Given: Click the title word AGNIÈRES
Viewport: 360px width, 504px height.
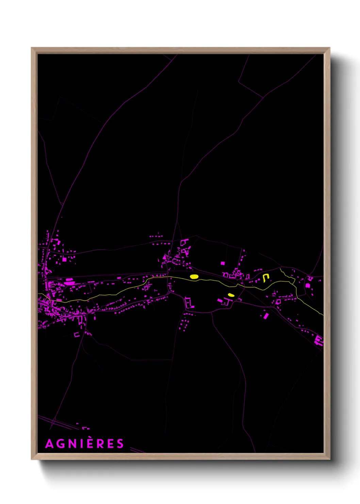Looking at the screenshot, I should [84, 444].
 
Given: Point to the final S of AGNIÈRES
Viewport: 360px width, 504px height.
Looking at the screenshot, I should [120, 444].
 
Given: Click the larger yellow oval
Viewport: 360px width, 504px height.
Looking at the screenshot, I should [194, 277].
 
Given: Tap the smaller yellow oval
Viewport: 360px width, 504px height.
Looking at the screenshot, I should [231, 295].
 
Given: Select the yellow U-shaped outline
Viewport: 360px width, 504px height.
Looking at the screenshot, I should [266, 278].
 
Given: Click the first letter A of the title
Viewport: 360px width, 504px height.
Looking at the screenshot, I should [49, 444].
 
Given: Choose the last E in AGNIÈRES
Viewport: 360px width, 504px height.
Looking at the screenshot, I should [110, 444].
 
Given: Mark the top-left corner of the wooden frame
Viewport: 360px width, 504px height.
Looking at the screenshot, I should [32, 48].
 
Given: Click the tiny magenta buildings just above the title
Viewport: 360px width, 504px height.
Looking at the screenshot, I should [85, 428].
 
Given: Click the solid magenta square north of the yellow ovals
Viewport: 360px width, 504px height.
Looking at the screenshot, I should [223, 263].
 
